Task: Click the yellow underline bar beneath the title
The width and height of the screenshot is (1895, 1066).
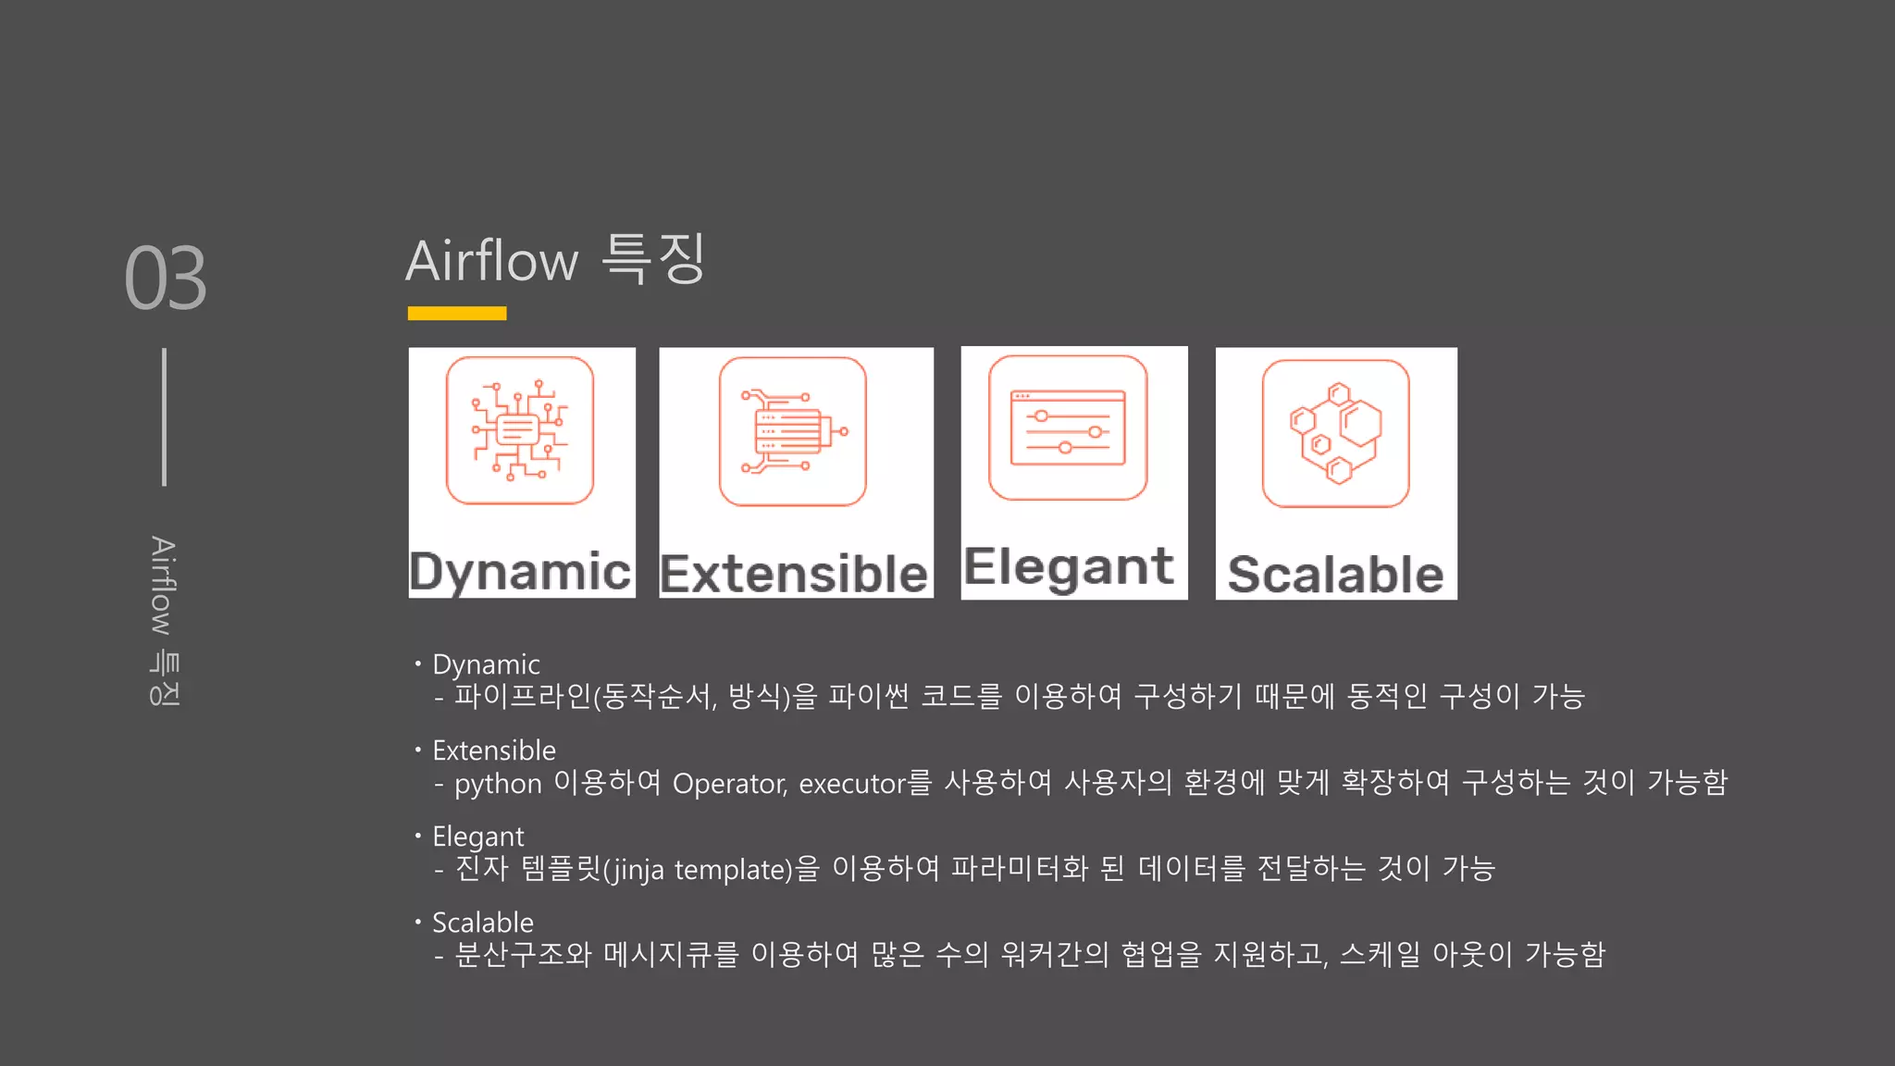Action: [x=457, y=314]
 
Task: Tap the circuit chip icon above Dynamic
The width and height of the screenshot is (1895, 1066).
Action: [x=520, y=431]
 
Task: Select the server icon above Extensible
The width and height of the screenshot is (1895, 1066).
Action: [x=793, y=431]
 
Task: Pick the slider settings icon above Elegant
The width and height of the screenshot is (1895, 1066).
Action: [x=1068, y=428]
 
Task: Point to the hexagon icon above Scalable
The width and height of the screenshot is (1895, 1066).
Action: [x=1336, y=433]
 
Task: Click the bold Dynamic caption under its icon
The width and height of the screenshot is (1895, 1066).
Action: [x=520, y=571]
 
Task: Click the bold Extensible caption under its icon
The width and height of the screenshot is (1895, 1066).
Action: [x=794, y=574]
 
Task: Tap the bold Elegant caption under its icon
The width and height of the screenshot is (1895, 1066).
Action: [x=1069, y=566]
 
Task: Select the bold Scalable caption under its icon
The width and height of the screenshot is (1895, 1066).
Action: [x=1335, y=575]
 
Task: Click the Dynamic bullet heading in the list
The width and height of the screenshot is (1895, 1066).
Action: [x=486, y=664]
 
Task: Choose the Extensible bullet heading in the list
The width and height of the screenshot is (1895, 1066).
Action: [x=494, y=750]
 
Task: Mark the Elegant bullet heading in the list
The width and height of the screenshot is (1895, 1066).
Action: [x=477, y=837]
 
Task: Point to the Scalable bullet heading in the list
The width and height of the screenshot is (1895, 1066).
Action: [x=483, y=923]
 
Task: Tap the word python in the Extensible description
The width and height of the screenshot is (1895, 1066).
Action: [x=498, y=785]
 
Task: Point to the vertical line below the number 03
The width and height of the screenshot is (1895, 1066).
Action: [x=165, y=416]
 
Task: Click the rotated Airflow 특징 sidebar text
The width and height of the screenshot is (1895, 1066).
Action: [x=164, y=621]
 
